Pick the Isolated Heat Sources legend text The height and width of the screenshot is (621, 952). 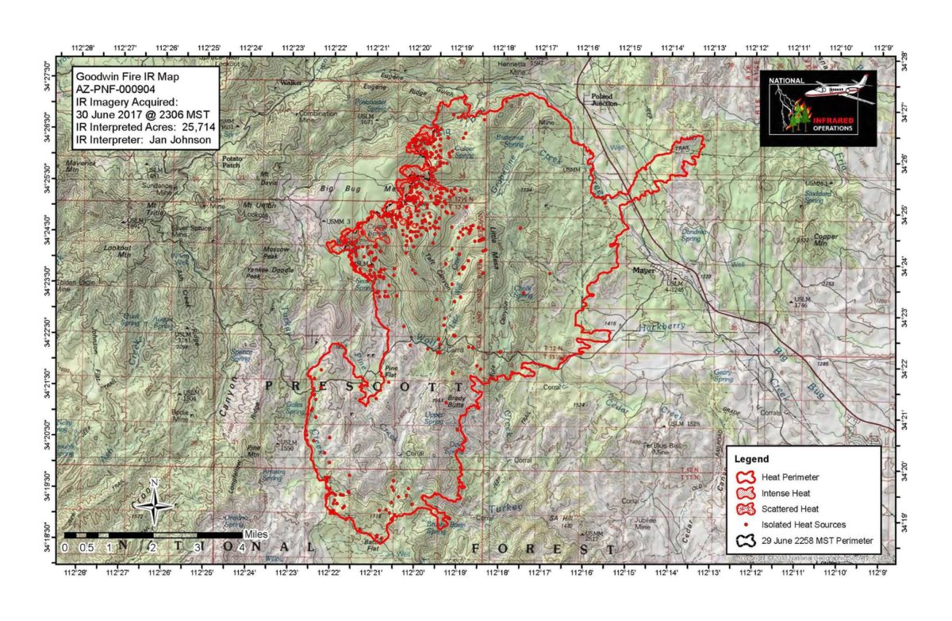pyautogui.click(x=801, y=524)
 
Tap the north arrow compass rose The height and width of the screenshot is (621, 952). pyautogui.click(x=156, y=503)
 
